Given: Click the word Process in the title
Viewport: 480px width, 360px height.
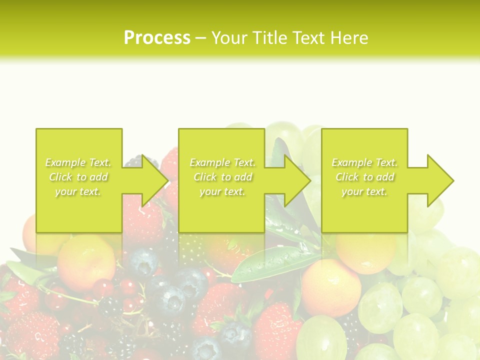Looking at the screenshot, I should click(x=157, y=38).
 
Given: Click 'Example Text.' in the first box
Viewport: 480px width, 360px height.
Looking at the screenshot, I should click(x=78, y=162).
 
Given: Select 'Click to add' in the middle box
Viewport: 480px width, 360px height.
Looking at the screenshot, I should click(x=222, y=177).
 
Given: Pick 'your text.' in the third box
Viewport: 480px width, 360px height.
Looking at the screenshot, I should click(x=364, y=191).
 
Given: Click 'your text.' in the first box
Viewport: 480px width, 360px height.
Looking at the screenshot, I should click(x=78, y=191).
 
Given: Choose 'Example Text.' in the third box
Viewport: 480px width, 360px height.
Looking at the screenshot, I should click(x=364, y=162).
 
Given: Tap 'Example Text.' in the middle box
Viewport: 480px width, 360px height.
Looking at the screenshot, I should click(x=222, y=162).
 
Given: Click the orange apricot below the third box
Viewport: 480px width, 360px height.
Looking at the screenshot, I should click(x=331, y=287).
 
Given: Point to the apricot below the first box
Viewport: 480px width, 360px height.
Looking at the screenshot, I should click(x=86, y=262).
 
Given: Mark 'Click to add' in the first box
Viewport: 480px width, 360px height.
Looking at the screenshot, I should click(x=78, y=177).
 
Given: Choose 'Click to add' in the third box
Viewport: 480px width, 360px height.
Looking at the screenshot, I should click(x=364, y=177).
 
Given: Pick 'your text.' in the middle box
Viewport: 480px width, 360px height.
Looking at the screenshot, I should click(x=222, y=191).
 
